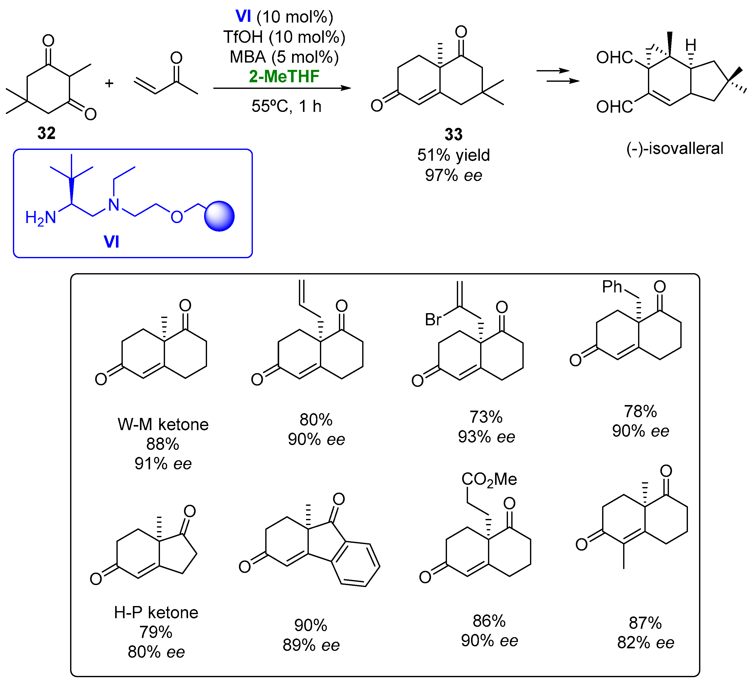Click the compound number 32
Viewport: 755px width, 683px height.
point(46,133)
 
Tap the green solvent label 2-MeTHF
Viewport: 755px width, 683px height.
point(284,76)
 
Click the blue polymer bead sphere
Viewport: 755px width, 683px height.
point(219,216)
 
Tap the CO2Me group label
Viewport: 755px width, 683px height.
point(489,479)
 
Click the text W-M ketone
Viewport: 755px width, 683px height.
point(163,425)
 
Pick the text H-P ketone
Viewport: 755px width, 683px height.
point(156,613)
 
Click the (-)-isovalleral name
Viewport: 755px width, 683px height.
point(675,148)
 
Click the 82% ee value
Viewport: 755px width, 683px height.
point(646,643)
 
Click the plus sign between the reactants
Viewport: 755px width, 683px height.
point(109,83)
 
